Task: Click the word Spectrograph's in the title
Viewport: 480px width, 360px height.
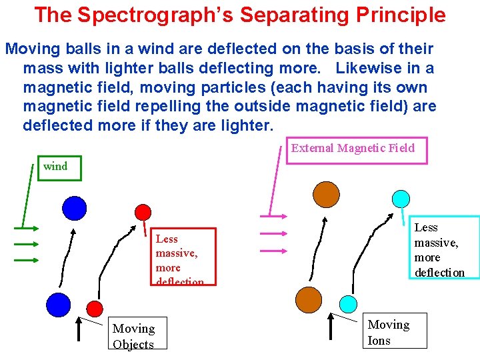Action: point(167,15)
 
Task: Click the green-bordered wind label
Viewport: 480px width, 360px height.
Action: point(57,167)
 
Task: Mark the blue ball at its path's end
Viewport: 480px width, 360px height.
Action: point(74,208)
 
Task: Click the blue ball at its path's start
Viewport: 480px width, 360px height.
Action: point(58,305)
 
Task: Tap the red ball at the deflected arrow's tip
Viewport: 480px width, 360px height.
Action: point(143,212)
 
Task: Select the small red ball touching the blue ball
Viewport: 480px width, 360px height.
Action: point(95,308)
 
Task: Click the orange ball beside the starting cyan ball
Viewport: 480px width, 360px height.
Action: point(308,300)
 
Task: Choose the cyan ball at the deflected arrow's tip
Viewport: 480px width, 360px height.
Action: point(401,198)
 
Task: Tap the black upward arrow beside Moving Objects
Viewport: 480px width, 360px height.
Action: point(79,330)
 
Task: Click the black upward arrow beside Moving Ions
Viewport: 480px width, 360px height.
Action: point(331,326)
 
